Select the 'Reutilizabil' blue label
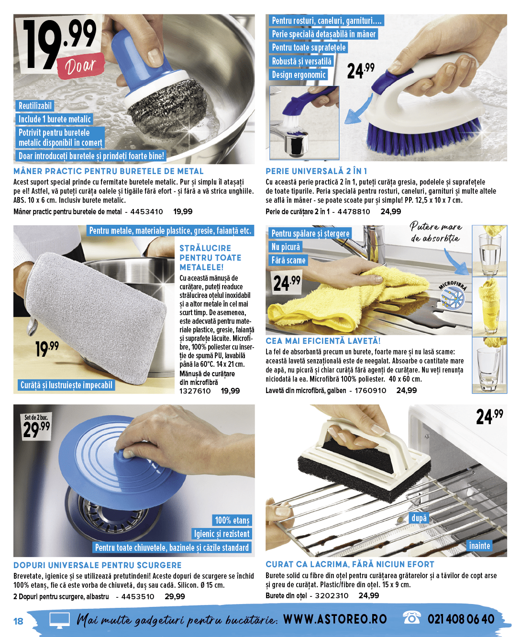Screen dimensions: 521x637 click(x=35, y=106)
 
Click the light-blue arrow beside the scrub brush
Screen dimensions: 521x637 click(x=358, y=110)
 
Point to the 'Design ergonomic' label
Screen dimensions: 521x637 click(x=299, y=75)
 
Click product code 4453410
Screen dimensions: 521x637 click(x=146, y=212)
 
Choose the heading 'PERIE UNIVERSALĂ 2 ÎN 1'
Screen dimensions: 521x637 click(x=316, y=171)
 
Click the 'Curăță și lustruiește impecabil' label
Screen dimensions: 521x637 click(x=66, y=385)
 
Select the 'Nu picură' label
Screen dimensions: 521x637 click(x=286, y=247)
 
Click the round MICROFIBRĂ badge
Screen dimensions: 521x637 click(x=452, y=295)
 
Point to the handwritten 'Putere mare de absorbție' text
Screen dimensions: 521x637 click(x=435, y=232)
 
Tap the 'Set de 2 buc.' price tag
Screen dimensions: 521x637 click(x=36, y=426)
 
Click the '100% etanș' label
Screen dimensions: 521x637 click(x=232, y=520)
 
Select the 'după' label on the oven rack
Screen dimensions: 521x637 click(x=419, y=518)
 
